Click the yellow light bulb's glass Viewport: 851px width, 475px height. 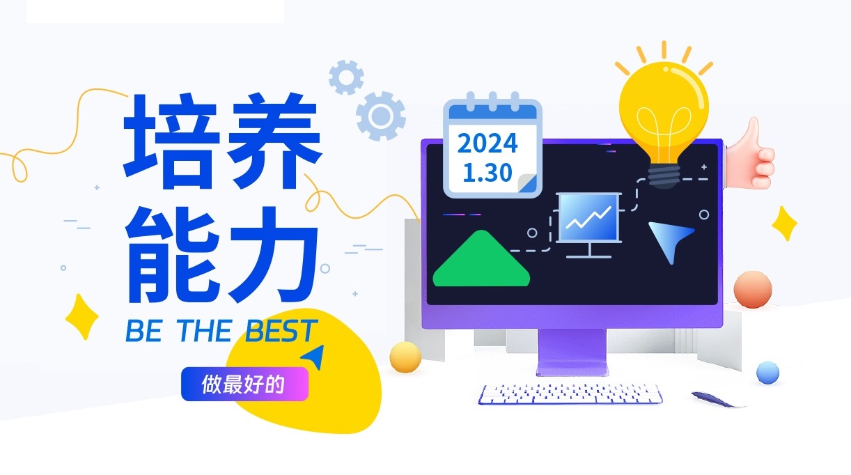(664, 110)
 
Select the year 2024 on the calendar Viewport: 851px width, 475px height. (487, 143)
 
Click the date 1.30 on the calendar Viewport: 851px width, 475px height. (487, 173)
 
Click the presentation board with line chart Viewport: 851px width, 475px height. (589, 225)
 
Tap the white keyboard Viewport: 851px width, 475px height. (570, 394)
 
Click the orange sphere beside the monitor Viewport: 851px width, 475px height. (753, 289)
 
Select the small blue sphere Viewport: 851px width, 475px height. (768, 373)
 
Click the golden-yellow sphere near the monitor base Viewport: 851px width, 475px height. (405, 357)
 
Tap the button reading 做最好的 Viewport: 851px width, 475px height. (244, 384)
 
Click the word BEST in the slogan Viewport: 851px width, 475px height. (281, 331)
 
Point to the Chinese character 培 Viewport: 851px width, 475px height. (172, 141)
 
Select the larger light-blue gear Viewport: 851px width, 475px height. (380, 116)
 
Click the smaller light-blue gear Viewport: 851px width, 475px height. (346, 77)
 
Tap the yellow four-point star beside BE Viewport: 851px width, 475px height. (81, 316)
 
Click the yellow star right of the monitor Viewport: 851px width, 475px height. (785, 224)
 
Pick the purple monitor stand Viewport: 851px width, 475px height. (572, 352)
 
